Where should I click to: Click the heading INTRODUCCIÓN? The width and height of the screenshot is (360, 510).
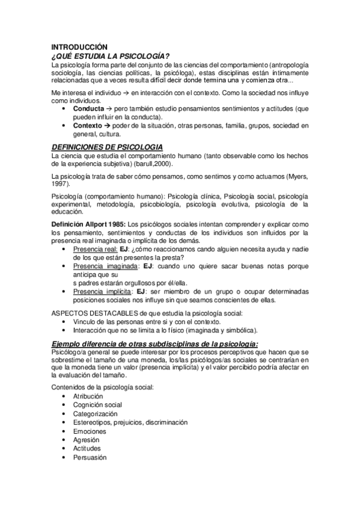pyautogui.click(x=79, y=47)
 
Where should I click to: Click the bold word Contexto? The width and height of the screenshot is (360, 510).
pyautogui.click(x=90, y=126)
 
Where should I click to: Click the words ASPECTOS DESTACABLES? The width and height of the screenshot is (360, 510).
pyautogui.click(x=93, y=313)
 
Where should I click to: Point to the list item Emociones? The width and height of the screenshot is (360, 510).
pyautogui.click(x=90, y=432)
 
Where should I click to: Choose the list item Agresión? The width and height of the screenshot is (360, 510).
pyautogui.click(x=87, y=440)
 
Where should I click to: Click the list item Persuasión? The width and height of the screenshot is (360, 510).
pyautogui.click(x=90, y=458)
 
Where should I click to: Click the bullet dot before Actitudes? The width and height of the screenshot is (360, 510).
pyautogui.click(x=64, y=449)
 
